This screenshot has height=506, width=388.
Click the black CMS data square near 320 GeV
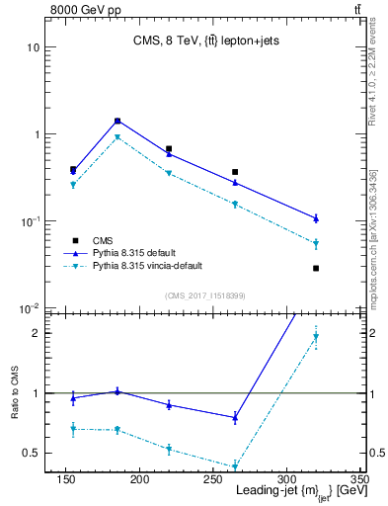pyautogui.click(x=316, y=268)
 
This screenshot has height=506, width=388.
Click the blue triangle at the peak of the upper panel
pyautogui.click(x=117, y=121)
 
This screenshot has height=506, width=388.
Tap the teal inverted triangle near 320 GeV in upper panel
pyautogui.click(x=316, y=243)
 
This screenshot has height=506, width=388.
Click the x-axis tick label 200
pyautogui.click(x=139, y=480)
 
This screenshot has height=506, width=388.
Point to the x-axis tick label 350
pyautogui.click(x=358, y=480)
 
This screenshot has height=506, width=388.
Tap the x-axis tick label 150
pyautogui.click(x=66, y=480)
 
